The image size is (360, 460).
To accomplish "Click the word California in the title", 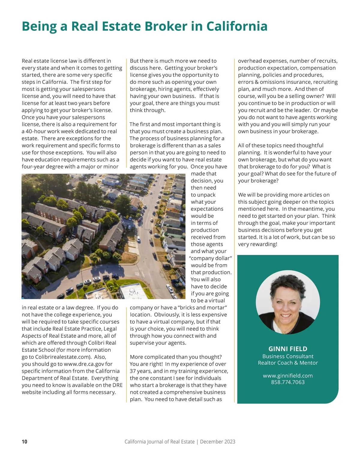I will coord(237,26).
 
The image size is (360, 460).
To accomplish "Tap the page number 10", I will coord(24,441).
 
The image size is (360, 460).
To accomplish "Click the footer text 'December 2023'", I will coord(217,441).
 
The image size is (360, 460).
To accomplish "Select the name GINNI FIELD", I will coord(288,349).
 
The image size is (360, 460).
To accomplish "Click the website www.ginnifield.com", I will coord(288,375).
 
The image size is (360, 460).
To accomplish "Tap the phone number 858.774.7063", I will coord(288,382).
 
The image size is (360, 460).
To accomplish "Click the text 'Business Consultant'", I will coord(288,356).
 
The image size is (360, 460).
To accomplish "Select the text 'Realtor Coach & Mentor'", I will coord(288,363).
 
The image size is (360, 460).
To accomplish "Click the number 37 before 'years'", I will coord(133,371).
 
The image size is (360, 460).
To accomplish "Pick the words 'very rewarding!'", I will coord(257,244).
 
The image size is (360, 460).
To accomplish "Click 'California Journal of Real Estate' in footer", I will coord(159,441).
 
